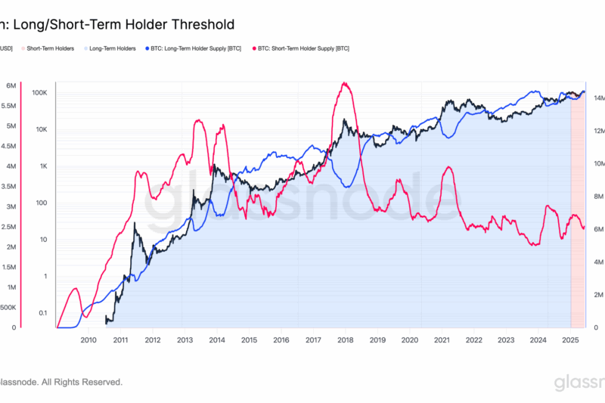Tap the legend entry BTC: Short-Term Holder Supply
[291, 48]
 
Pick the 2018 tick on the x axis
[346, 341]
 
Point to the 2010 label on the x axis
[88, 341]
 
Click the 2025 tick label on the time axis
[570, 341]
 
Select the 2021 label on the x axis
[442, 341]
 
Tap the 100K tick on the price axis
[40, 93]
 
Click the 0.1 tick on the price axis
[42, 313]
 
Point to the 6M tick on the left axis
[11, 85]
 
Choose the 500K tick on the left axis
[8, 308]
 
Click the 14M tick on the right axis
[597, 98]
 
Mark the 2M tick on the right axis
[595, 295]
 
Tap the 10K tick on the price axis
[41, 129]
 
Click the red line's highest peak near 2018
[345, 83]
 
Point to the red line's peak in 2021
[449, 167]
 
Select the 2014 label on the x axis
[217, 341]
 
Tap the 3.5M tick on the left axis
[10, 186]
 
